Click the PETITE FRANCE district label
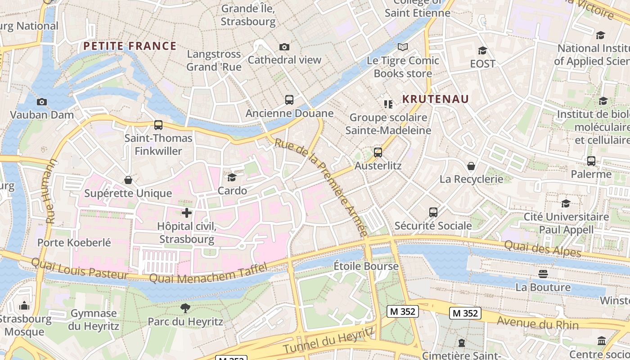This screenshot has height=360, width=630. coord(130,46)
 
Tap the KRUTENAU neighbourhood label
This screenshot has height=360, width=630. coord(435,99)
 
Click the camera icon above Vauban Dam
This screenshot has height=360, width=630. coord(42,102)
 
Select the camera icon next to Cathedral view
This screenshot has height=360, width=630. coord(284,47)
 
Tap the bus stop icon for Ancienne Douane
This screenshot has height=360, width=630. coord(289,100)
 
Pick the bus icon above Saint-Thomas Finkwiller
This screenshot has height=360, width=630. coord(158,125)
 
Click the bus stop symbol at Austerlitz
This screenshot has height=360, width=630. coord(378,153)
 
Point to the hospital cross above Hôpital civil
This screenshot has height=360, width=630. coord(187,213)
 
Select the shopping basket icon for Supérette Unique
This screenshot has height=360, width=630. coord(128,180)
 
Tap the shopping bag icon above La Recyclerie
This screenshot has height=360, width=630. coord(471,166)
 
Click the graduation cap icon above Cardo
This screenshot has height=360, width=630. coord(232,177)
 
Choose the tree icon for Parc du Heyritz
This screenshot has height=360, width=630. coord(185,308)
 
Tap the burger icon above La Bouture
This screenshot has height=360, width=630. coord(543,274)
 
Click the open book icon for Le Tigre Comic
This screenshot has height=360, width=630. coord(403,47)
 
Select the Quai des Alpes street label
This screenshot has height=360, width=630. coord(542,248)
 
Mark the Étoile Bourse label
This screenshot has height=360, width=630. coord(366,266)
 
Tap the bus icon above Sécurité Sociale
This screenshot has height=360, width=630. coord(433,212)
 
